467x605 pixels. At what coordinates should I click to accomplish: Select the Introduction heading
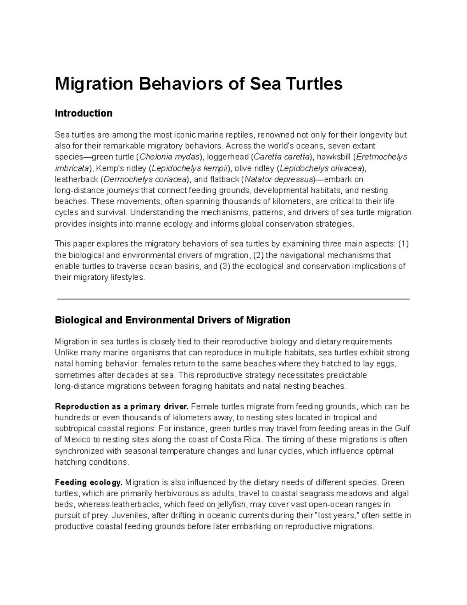click(83, 113)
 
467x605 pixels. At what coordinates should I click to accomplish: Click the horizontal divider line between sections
click(233, 299)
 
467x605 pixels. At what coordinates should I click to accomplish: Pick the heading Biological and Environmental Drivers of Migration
click(172, 320)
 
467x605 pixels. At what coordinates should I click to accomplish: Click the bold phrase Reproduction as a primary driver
click(121, 407)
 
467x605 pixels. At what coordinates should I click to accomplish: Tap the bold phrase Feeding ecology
click(88, 482)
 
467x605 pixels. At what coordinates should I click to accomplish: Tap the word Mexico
click(76, 440)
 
